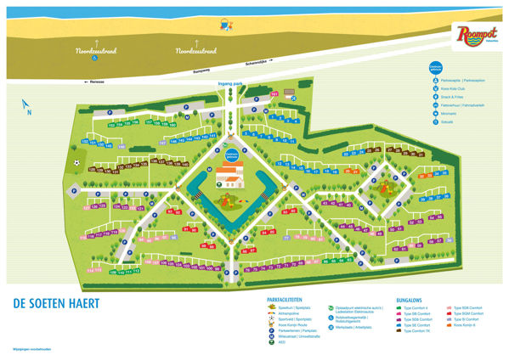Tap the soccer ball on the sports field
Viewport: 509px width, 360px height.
point(76,162)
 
